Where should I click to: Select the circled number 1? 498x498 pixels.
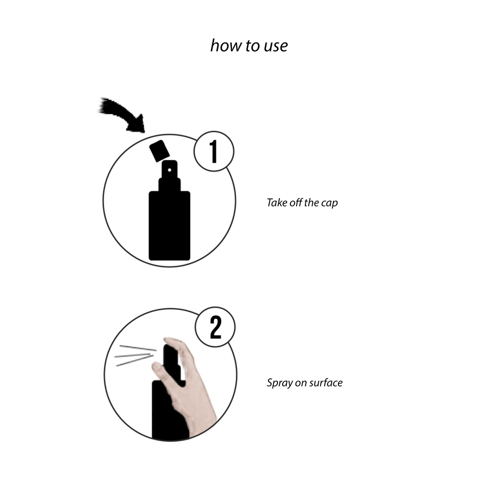(213, 151)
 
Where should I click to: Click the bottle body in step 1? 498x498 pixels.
(169, 226)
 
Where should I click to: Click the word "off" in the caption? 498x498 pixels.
(296, 202)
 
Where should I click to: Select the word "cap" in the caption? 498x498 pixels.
(330, 203)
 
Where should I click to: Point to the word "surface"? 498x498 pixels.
(326, 382)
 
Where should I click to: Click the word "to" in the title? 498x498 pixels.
(249, 46)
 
